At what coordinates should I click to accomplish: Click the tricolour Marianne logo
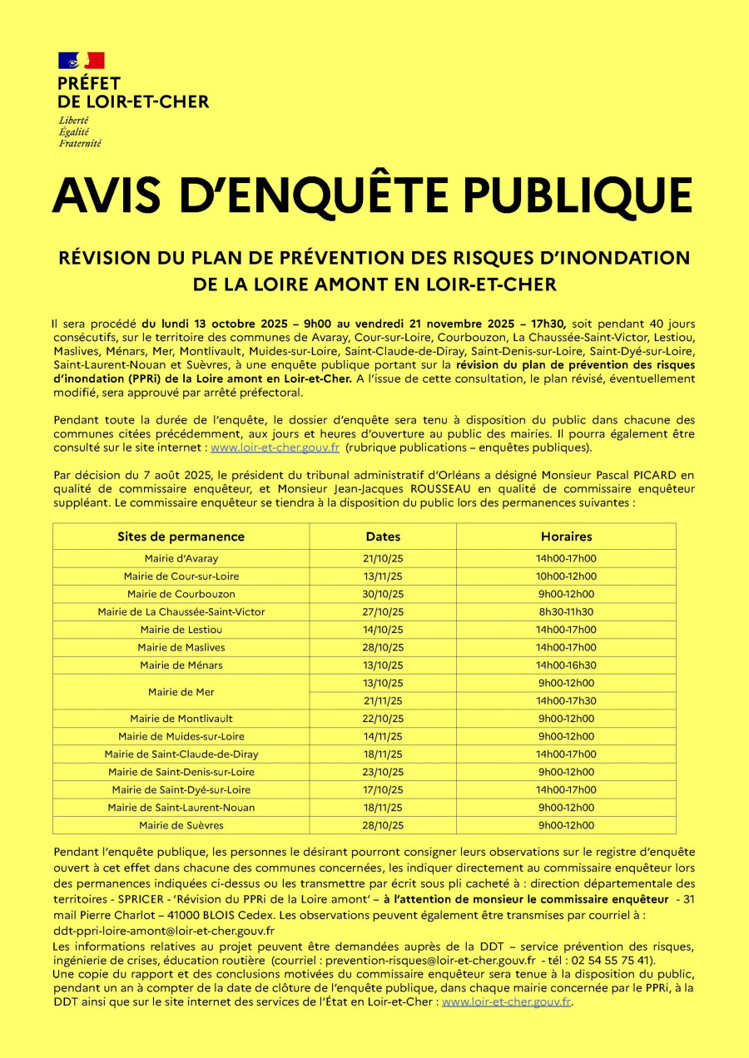[81, 60]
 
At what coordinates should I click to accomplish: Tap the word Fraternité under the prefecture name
[80, 143]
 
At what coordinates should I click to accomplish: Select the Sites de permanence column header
[181, 536]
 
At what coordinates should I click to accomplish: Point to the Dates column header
[383, 536]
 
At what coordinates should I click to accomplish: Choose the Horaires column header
[566, 536]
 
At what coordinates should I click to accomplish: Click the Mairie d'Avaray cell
[181, 559]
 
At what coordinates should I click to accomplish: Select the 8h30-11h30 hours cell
[566, 612]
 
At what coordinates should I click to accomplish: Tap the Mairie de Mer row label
[181, 692]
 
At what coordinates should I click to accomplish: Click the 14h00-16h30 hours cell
[566, 665]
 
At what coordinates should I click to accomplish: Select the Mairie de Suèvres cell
[181, 826]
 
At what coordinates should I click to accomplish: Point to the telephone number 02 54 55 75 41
[615, 959]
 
